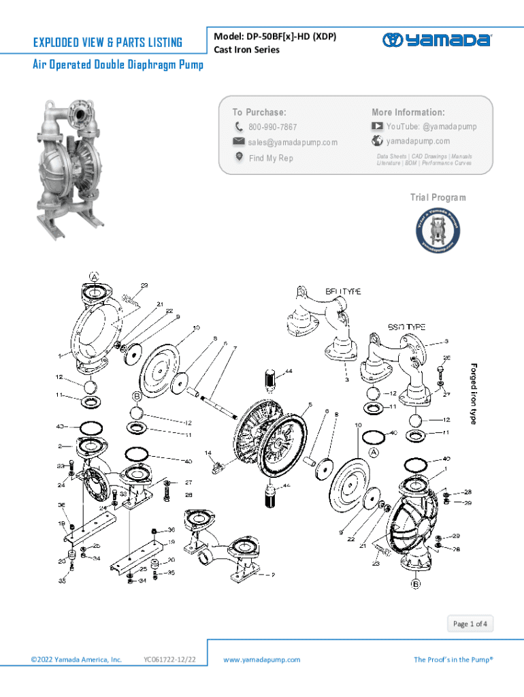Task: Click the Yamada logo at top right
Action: (436, 40)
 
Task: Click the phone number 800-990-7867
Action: (272, 127)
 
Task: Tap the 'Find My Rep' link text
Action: (271, 158)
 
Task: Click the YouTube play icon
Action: (377, 127)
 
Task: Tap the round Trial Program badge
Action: (438, 231)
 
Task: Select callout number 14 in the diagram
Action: (208, 453)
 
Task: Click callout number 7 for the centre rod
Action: (235, 348)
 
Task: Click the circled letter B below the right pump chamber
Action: (415, 583)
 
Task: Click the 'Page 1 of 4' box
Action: (470, 623)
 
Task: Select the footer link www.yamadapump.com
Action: (261, 660)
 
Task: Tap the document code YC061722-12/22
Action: (170, 660)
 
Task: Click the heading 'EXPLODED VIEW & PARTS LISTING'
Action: (108, 43)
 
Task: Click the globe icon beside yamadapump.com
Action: (377, 141)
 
